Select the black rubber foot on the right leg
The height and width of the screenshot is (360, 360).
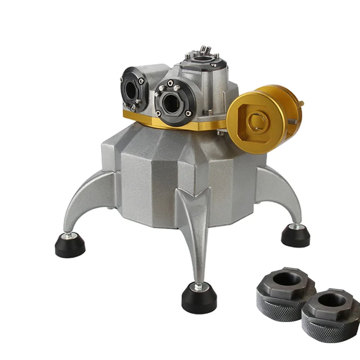295,235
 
